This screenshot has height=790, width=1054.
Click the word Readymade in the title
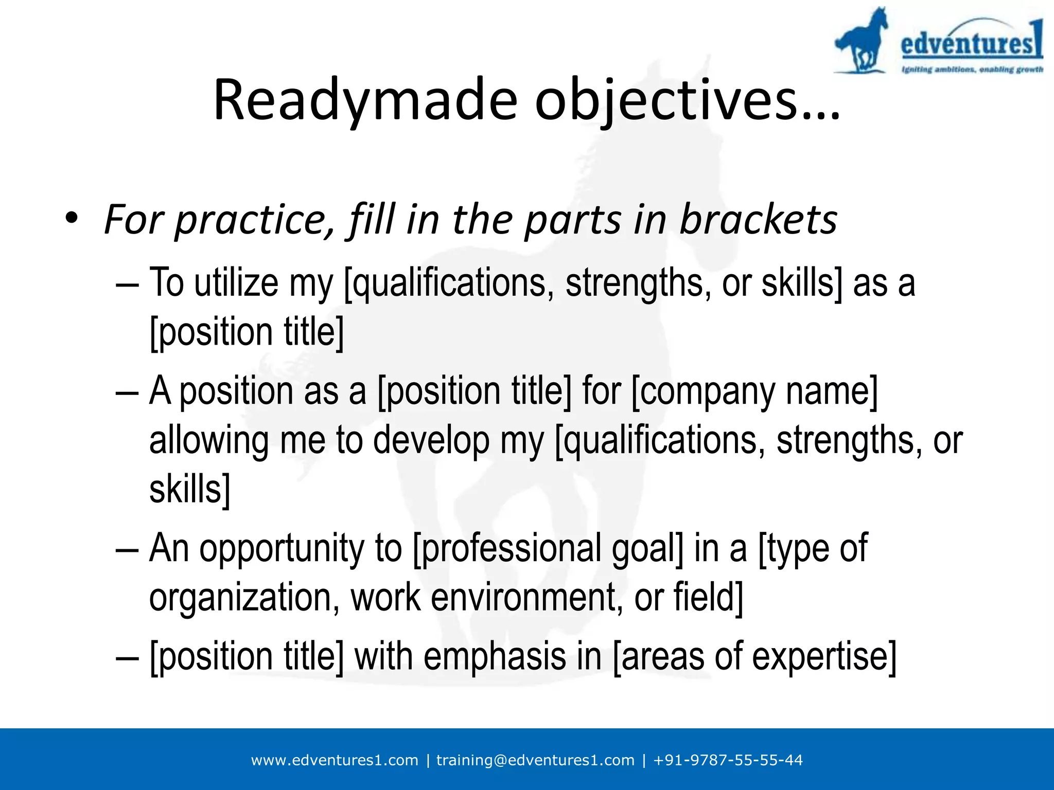pos(364,100)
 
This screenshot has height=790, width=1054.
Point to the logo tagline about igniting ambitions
pos(972,69)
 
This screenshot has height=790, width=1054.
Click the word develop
pos(431,441)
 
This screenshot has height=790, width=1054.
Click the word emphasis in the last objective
pos(495,657)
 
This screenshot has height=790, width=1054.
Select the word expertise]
pos(824,657)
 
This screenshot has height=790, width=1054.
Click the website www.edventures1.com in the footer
pos(335,760)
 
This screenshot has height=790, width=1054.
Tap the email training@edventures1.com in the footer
pos(535,760)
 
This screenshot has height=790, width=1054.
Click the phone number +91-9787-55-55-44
pos(728,760)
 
